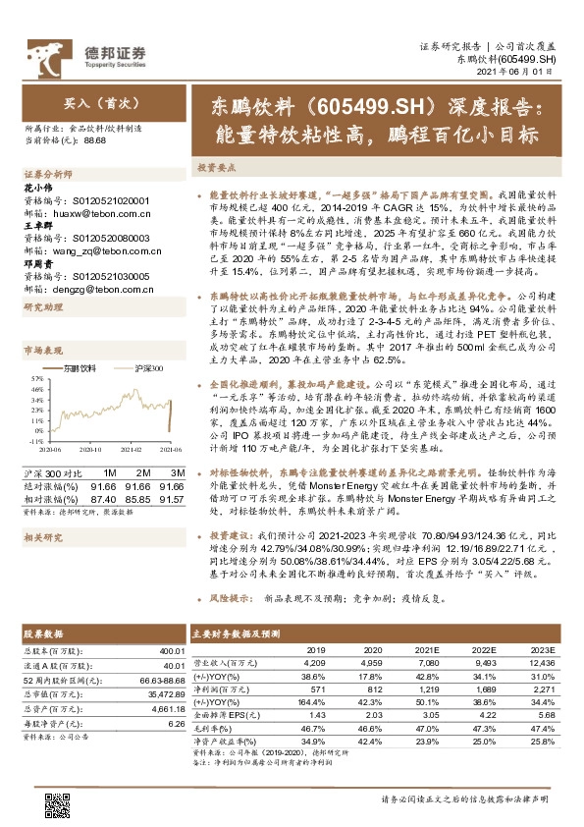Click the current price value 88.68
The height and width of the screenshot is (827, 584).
tap(95, 140)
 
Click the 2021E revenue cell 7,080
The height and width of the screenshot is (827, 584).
tap(425, 663)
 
